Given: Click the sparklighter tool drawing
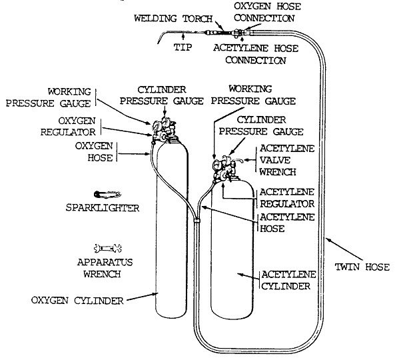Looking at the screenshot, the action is coord(107,195).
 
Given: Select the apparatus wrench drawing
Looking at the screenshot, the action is coord(108,248).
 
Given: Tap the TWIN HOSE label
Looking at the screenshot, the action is coord(362,267).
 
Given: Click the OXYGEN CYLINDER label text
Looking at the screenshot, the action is coord(77,301).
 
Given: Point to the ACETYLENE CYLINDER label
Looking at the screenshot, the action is coord(288,281).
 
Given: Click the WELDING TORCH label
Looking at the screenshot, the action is coord(173,19).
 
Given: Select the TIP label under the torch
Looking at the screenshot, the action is coord(183,47).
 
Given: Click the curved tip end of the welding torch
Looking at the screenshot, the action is coord(159,41).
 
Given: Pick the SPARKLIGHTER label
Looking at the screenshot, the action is coord(103,208).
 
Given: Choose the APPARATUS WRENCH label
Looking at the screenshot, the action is coord(105,268).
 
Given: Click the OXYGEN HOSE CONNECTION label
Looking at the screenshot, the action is coord(267,12).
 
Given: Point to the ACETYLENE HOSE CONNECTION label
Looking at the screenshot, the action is coord(256,54).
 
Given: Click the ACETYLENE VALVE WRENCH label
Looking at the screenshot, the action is coord(287,160).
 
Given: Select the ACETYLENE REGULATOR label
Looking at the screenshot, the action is coord(287,197).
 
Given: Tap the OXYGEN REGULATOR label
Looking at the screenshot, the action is coord(68,126).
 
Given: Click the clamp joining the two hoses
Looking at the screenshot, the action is coord(197,221).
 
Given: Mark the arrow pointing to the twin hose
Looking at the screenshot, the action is coord(344,249).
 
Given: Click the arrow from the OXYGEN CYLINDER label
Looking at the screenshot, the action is coord(142,297).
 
